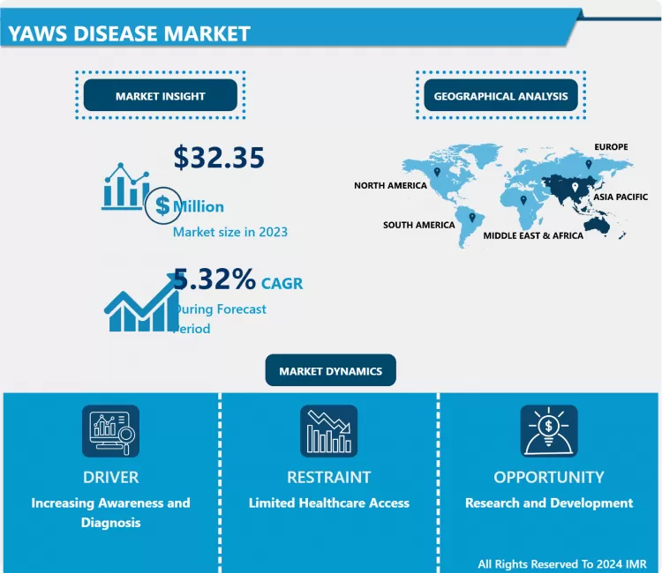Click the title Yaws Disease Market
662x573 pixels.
pos(129,33)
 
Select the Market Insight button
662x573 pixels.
pos(160,96)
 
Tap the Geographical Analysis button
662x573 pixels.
pos(500,96)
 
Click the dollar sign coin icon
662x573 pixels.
pos(162,205)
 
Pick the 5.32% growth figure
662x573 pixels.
pos(214,279)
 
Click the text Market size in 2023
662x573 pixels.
pos(229,232)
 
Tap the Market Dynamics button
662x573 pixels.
pos(330,371)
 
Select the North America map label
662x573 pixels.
pos(390,186)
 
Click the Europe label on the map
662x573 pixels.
pos(611,146)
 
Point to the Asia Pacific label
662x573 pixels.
pos(620,197)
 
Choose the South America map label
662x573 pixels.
pos(418,225)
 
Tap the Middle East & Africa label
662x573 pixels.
pos(532,236)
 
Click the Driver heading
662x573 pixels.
pos(110,477)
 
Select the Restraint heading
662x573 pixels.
pos(328,477)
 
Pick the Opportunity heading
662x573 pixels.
pos(548,477)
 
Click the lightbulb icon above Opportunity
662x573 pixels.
pos(548,430)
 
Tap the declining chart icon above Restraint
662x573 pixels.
pos(328,430)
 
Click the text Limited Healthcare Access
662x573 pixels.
pos(328,503)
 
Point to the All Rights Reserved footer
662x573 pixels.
pos(561,563)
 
